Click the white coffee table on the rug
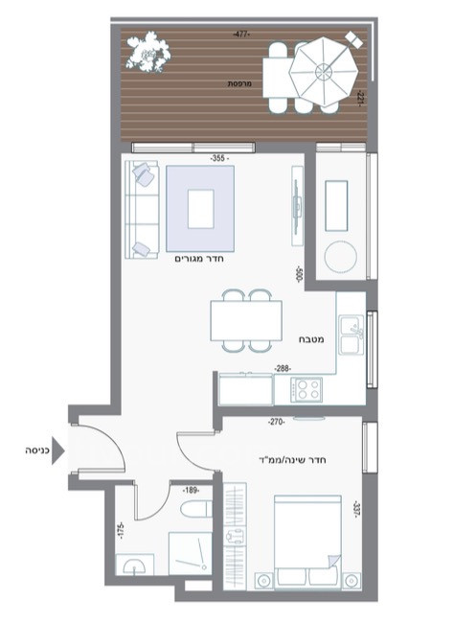(x=201, y=209)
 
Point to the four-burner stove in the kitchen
(x=306, y=389)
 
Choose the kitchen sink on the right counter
(x=351, y=335)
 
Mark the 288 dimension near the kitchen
(x=283, y=368)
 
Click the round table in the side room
(x=342, y=257)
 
